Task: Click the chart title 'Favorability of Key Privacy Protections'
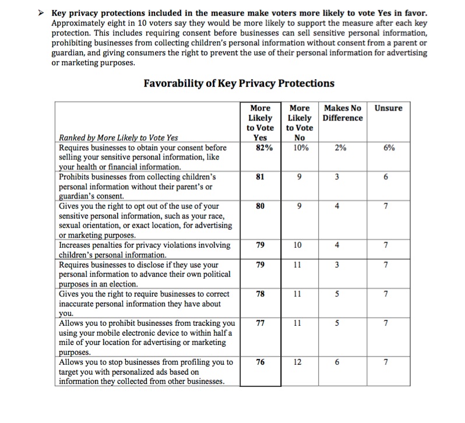pyautogui.click(x=239, y=83)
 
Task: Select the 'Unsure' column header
pyautogui.click(x=388, y=108)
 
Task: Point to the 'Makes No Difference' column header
pyautogui.click(x=342, y=113)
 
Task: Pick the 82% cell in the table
pyautogui.click(x=260, y=148)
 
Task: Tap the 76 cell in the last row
pyautogui.click(x=260, y=362)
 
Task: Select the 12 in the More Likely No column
pyautogui.click(x=297, y=362)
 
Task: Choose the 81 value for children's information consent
pyautogui.click(x=260, y=177)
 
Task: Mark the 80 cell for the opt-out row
pyautogui.click(x=260, y=205)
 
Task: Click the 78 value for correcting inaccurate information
pyautogui.click(x=260, y=294)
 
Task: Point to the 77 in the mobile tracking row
pyautogui.click(x=260, y=323)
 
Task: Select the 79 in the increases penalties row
pyautogui.click(x=260, y=245)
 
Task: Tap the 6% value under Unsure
pyautogui.click(x=389, y=148)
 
